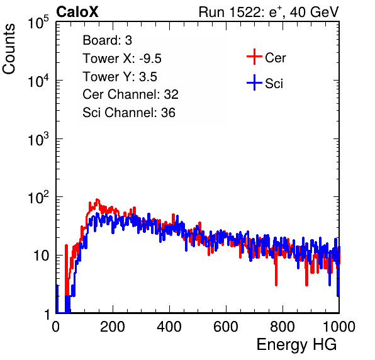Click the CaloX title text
(x=77, y=12)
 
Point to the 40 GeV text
(x=314, y=12)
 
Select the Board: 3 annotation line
(x=107, y=40)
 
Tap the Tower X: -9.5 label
(x=122, y=59)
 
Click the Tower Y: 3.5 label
(x=120, y=77)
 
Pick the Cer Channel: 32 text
(x=130, y=94)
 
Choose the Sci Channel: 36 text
(x=129, y=113)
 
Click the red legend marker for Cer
(x=254, y=57)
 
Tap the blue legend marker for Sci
(x=254, y=82)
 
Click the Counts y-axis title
(x=9, y=49)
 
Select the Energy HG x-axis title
(x=296, y=344)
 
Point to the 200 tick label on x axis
(x=113, y=327)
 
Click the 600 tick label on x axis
(x=226, y=327)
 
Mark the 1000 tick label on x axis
(x=339, y=327)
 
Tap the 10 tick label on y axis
(x=42, y=256)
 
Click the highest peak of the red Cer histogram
(x=97, y=200)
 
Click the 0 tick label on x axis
(x=56, y=327)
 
